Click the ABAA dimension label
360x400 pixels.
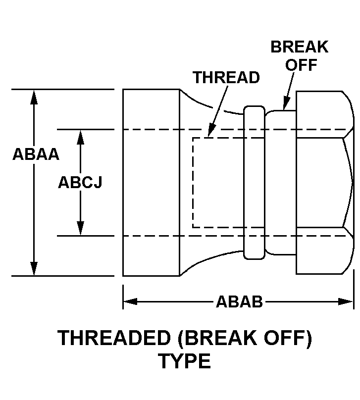click(x=36, y=154)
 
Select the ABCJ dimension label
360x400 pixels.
click(x=80, y=182)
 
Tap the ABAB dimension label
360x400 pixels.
click(x=239, y=301)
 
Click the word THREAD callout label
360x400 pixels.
click(x=226, y=77)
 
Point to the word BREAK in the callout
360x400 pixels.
click(x=299, y=47)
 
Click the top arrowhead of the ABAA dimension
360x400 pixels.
click(x=34, y=97)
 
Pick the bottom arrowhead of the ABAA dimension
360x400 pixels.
click(x=34, y=269)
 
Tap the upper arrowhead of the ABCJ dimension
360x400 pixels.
click(x=80, y=137)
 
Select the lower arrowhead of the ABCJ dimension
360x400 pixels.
click(x=80, y=228)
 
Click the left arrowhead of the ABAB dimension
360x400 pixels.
click(x=130, y=301)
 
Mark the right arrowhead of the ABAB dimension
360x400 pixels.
click(x=346, y=301)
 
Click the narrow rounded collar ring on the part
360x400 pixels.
click(x=254, y=183)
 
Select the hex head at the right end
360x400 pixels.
click(x=325, y=183)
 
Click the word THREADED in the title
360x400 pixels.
click(x=114, y=338)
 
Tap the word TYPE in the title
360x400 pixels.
click(x=186, y=361)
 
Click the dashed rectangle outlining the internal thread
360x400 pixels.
click(x=228, y=183)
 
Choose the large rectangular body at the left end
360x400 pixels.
click(x=152, y=183)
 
